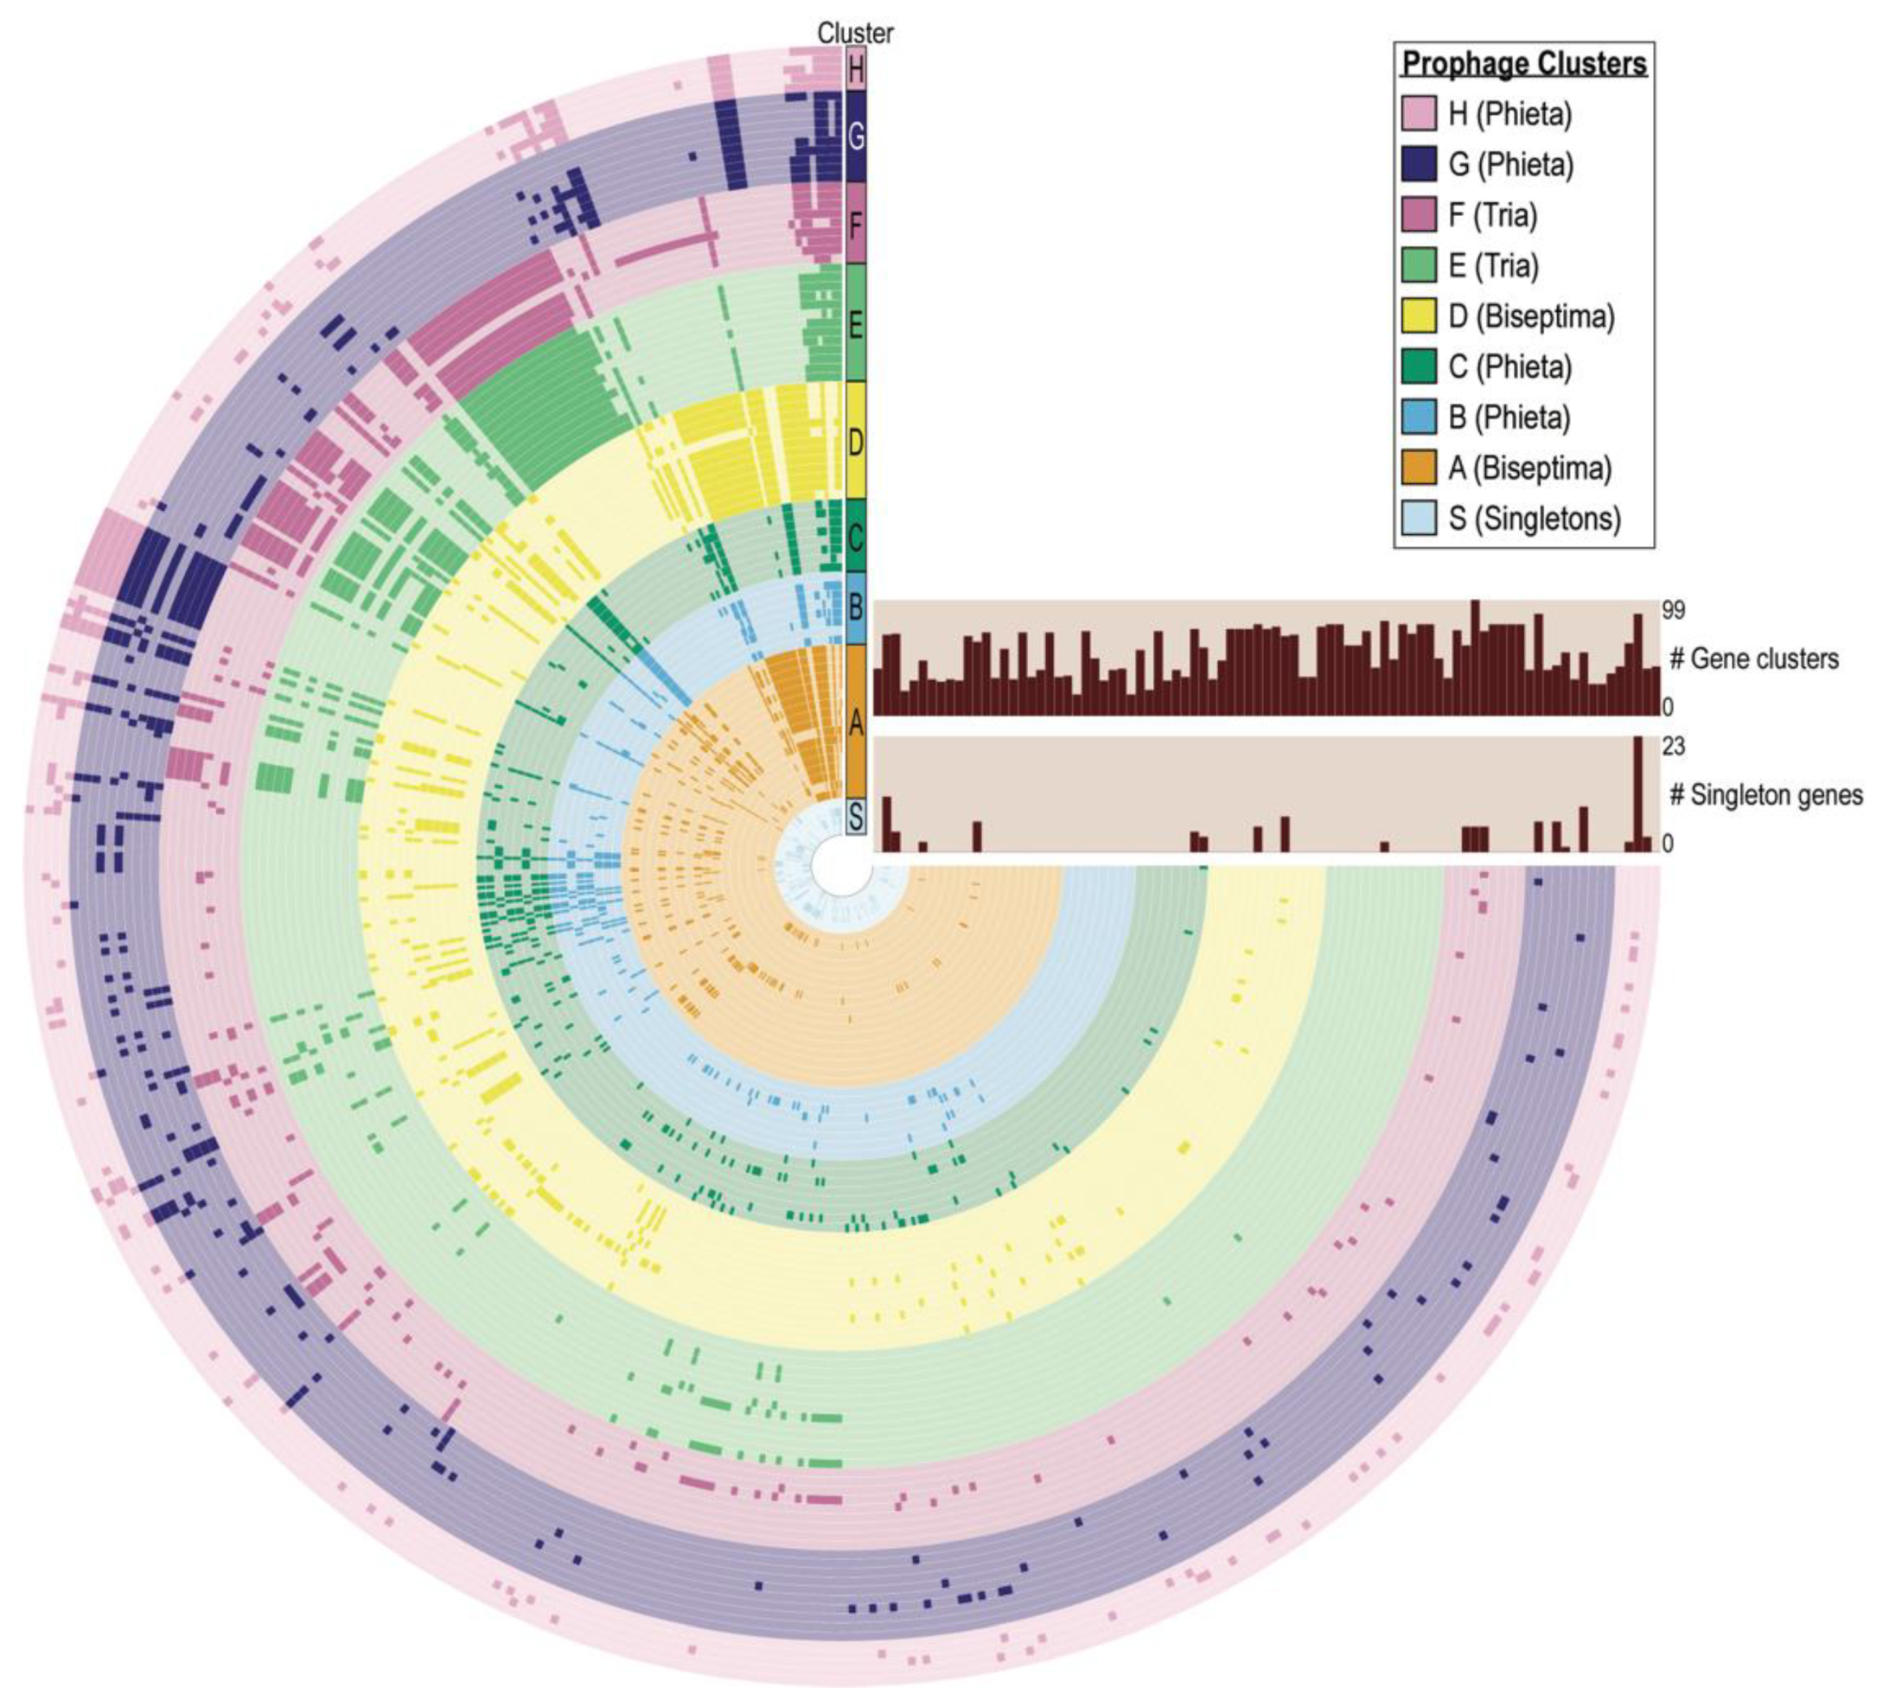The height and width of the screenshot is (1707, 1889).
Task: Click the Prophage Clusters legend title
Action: click(x=1523, y=64)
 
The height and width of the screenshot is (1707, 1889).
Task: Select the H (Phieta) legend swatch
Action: click(x=1419, y=113)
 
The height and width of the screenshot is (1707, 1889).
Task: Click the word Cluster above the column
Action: click(x=854, y=33)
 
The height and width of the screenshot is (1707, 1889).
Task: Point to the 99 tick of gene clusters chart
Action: click(x=1673, y=611)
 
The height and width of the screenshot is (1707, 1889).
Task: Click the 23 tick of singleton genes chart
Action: click(x=1673, y=747)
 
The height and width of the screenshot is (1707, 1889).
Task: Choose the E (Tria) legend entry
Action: click(x=1494, y=266)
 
